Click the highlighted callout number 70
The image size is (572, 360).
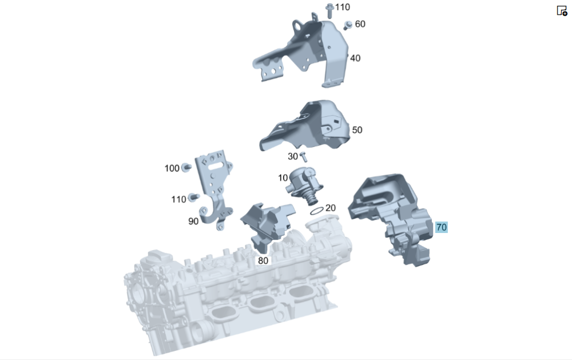[442, 227]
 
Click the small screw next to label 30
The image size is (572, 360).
[303, 157]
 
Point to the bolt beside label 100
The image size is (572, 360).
[186, 168]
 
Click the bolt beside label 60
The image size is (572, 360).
[348, 25]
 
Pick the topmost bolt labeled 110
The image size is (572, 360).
[329, 10]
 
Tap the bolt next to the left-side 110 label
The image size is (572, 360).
[193, 197]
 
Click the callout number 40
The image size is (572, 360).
[355, 58]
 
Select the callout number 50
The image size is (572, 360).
[357, 130]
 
